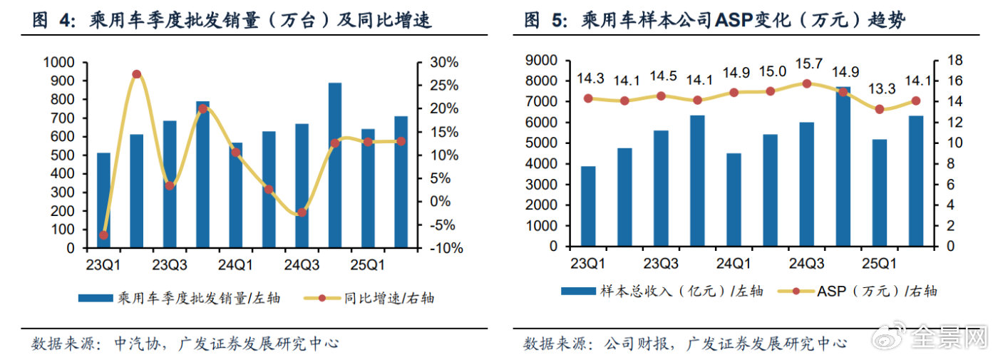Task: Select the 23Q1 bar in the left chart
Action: (103, 200)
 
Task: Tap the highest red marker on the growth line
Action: (136, 74)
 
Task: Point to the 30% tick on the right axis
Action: (443, 63)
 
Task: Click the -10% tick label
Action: (446, 249)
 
